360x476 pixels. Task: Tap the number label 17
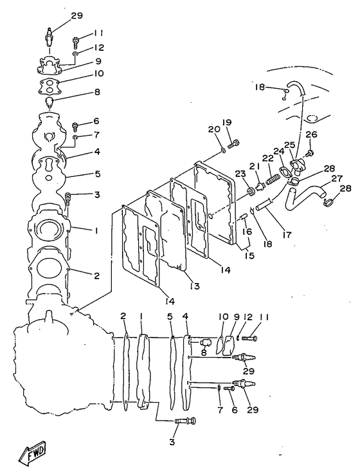coord(287,235)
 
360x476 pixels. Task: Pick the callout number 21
coord(254,167)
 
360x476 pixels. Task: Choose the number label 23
coord(239,173)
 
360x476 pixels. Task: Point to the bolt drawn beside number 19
coord(234,142)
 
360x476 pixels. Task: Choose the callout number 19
coord(227,122)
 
